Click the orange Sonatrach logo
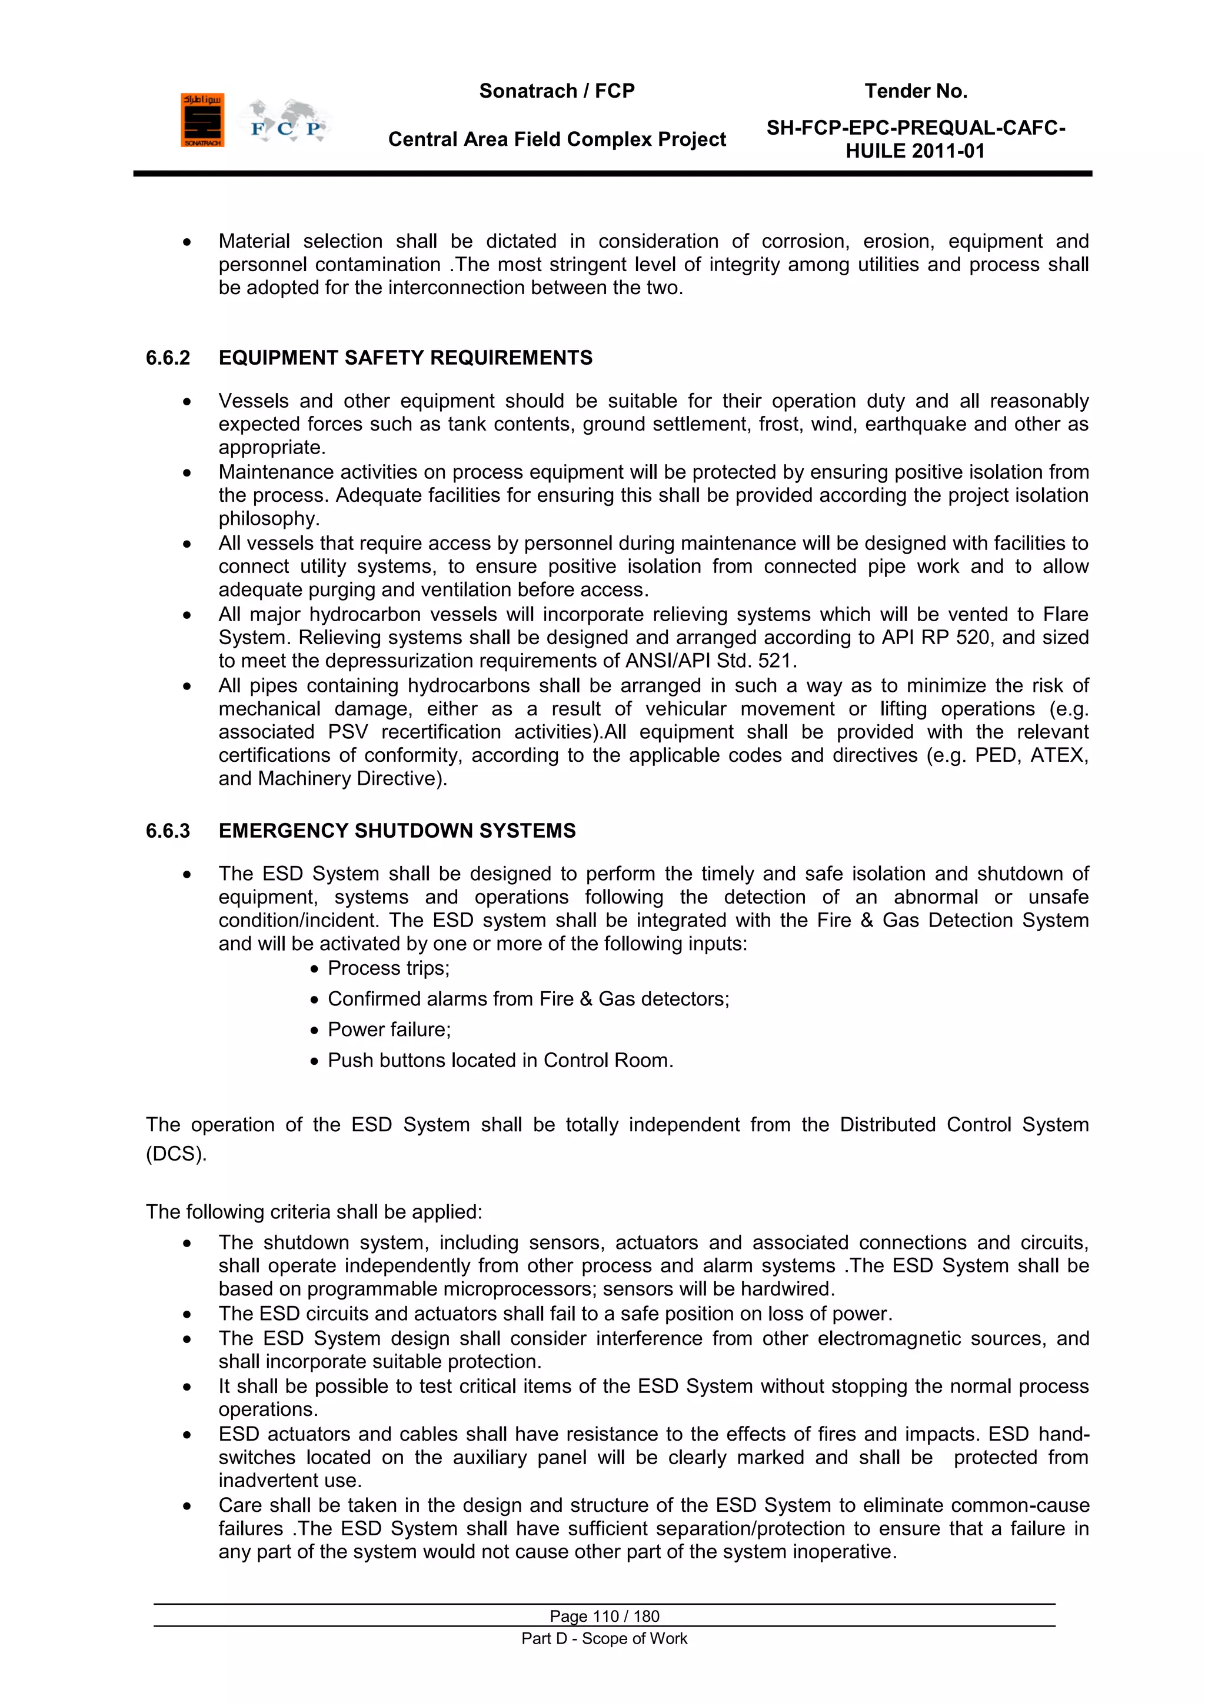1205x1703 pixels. [x=202, y=120]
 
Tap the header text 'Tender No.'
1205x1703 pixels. [x=916, y=91]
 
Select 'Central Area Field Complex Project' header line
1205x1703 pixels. [x=557, y=139]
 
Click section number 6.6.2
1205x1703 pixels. [x=168, y=358]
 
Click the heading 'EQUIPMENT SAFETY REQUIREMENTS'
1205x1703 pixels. [x=405, y=358]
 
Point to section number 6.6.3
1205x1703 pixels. [x=168, y=831]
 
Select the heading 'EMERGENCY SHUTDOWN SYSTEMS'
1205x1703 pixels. [x=397, y=831]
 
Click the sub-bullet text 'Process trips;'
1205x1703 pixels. [x=388, y=969]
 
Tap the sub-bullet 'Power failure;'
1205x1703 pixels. [x=389, y=1029]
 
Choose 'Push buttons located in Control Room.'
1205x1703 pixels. [x=500, y=1061]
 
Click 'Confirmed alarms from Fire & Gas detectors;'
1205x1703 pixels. [x=528, y=999]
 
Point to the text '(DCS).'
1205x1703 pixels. [x=176, y=1154]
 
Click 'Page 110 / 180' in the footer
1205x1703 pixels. [x=604, y=1616]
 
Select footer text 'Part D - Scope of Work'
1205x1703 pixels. [x=604, y=1638]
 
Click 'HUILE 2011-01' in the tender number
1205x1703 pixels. [x=915, y=151]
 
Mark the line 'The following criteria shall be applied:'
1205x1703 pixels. [x=314, y=1212]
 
